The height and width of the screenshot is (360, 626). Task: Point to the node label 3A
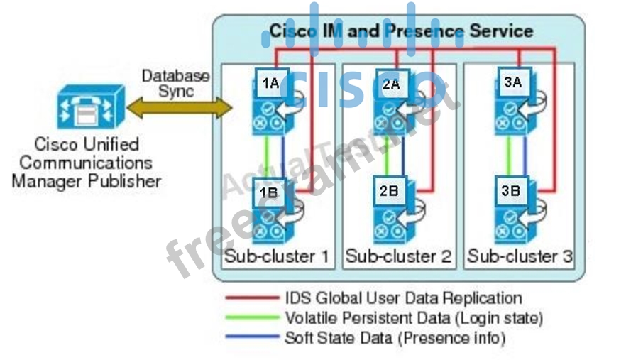[x=512, y=82]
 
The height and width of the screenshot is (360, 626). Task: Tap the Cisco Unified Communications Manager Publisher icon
[x=90, y=109]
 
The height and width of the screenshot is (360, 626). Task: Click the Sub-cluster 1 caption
[x=277, y=256]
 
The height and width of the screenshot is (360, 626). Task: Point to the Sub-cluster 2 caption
[x=398, y=256]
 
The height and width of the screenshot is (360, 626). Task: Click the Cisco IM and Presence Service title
[x=401, y=31]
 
